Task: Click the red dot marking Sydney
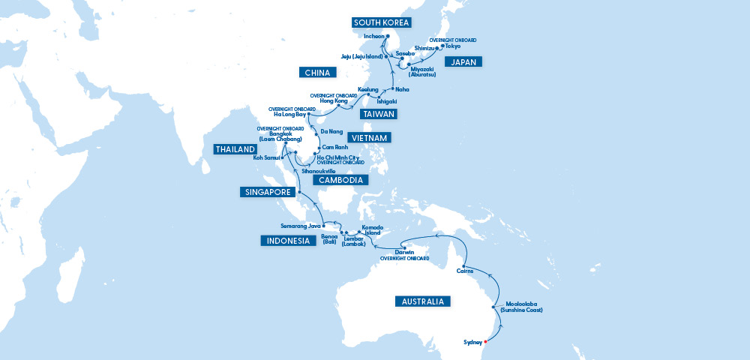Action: click(485, 343)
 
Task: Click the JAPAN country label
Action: click(463, 62)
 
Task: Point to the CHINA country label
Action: click(319, 73)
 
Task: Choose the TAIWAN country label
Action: click(379, 114)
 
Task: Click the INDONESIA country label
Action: click(286, 241)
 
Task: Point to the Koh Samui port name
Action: click(266, 158)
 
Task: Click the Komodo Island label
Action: click(372, 229)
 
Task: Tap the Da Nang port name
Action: click(330, 131)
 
